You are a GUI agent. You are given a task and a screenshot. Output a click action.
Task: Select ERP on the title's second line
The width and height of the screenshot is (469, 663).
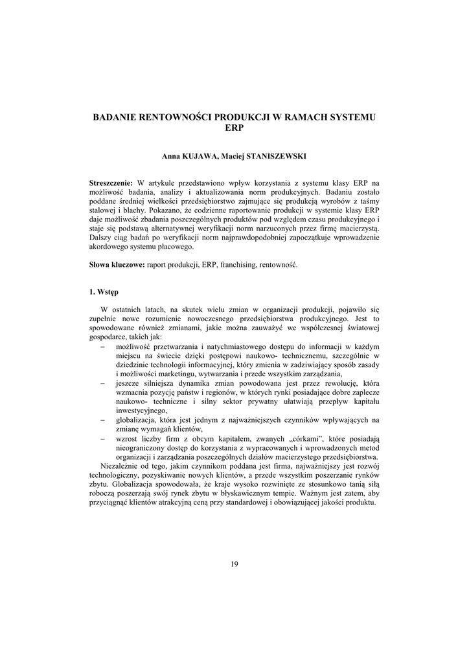pos(234,128)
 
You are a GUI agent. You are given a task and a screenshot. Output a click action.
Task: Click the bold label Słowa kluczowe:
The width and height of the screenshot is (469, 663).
pos(117,265)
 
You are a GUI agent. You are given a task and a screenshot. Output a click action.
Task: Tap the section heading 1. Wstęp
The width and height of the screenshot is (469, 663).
pos(104,292)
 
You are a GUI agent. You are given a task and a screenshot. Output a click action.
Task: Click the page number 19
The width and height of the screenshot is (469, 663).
pos(234,564)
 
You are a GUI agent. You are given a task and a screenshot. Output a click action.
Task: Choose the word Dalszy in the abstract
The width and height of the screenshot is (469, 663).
pos(101,238)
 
